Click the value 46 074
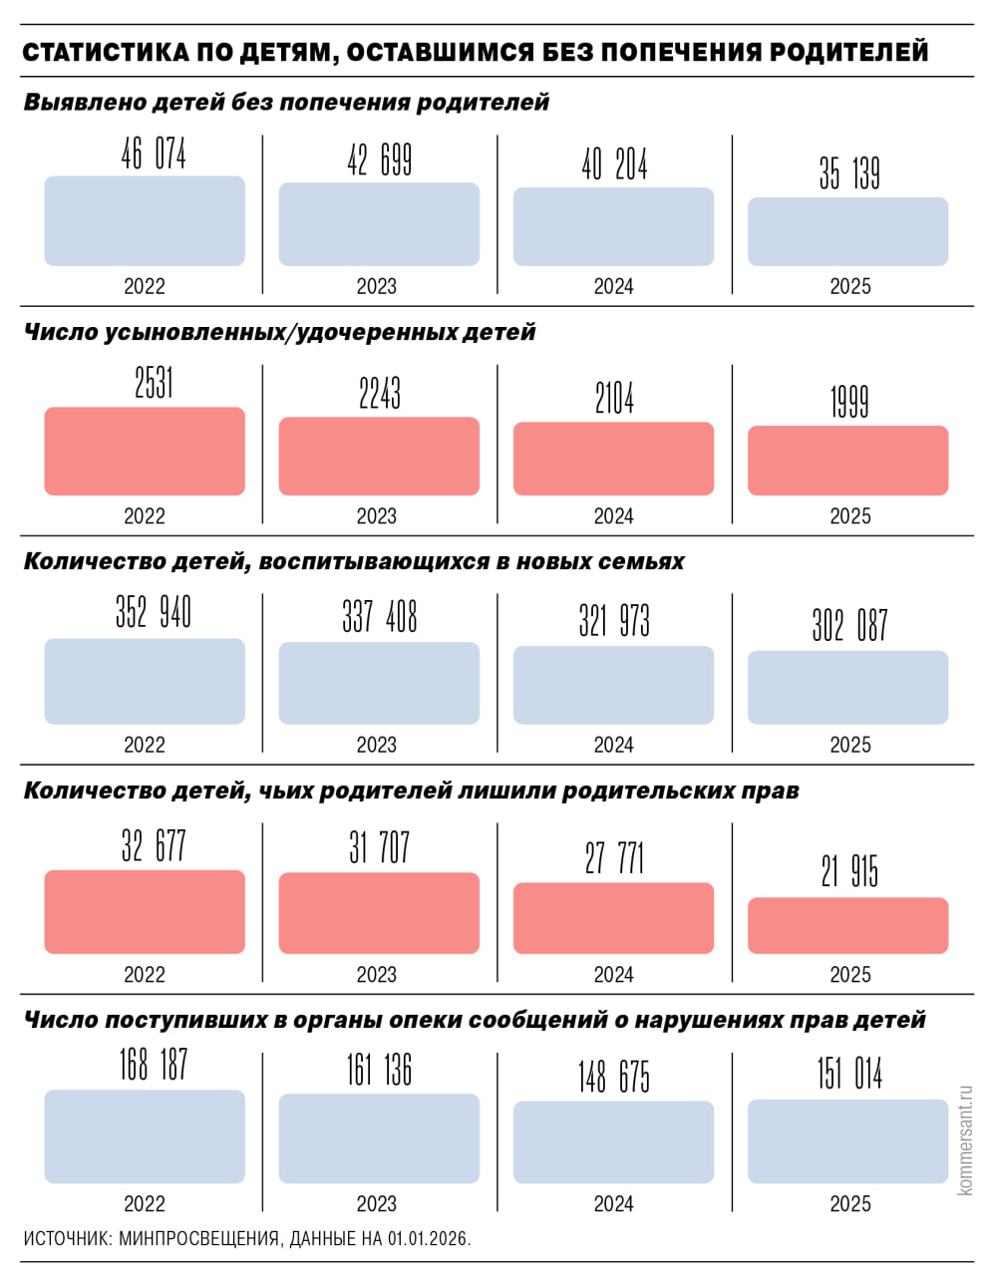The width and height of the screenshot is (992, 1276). point(154,155)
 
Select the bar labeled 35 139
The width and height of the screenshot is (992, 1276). point(847,231)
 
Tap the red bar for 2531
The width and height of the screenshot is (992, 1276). point(145,451)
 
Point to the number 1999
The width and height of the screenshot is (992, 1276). point(849,403)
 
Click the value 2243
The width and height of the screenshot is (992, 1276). point(380,394)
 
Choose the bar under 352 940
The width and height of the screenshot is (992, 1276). point(145,681)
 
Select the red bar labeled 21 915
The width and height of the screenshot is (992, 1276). point(847,925)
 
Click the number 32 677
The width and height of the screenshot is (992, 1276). point(154,846)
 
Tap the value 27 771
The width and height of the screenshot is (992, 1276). point(614,857)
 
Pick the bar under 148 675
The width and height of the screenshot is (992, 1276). point(613,1141)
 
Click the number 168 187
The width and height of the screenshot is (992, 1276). point(154,1065)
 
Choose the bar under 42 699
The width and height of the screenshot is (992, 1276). point(379,224)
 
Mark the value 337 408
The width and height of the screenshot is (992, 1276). point(380,617)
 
